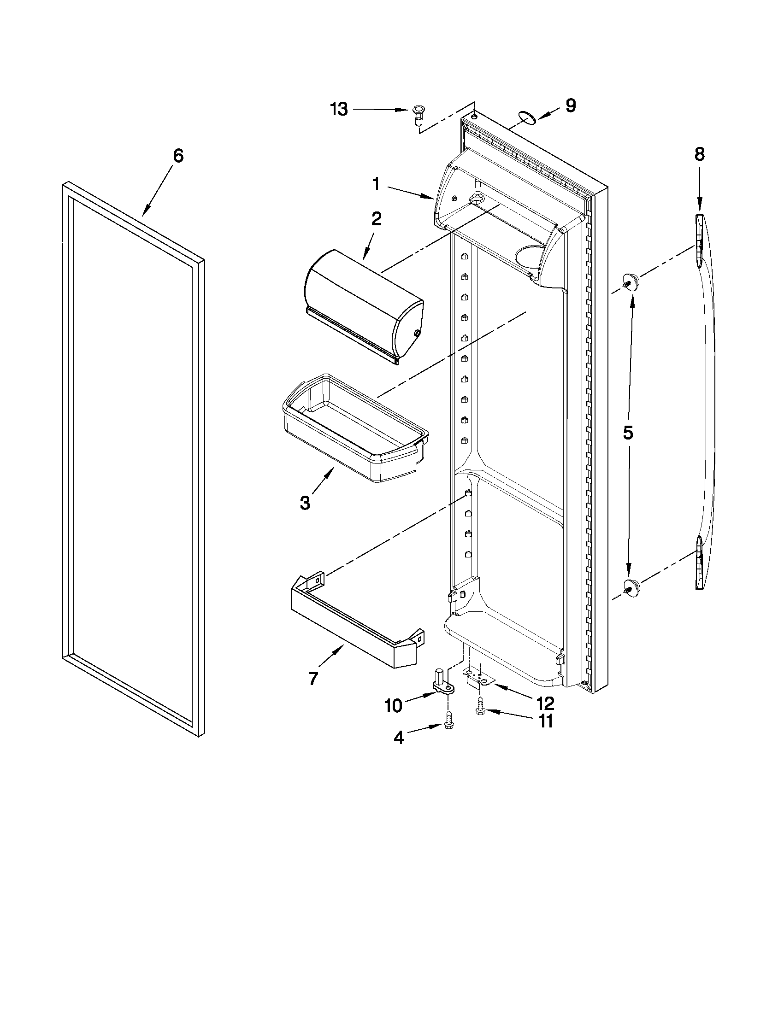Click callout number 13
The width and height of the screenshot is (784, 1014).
[339, 110]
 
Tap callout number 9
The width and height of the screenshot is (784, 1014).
[570, 106]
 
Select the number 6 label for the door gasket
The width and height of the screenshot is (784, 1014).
[178, 156]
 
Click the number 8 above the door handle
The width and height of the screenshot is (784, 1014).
[700, 155]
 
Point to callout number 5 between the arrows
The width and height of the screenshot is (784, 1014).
[627, 433]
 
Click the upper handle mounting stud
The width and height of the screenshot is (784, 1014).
[631, 281]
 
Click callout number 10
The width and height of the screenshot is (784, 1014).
[393, 706]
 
